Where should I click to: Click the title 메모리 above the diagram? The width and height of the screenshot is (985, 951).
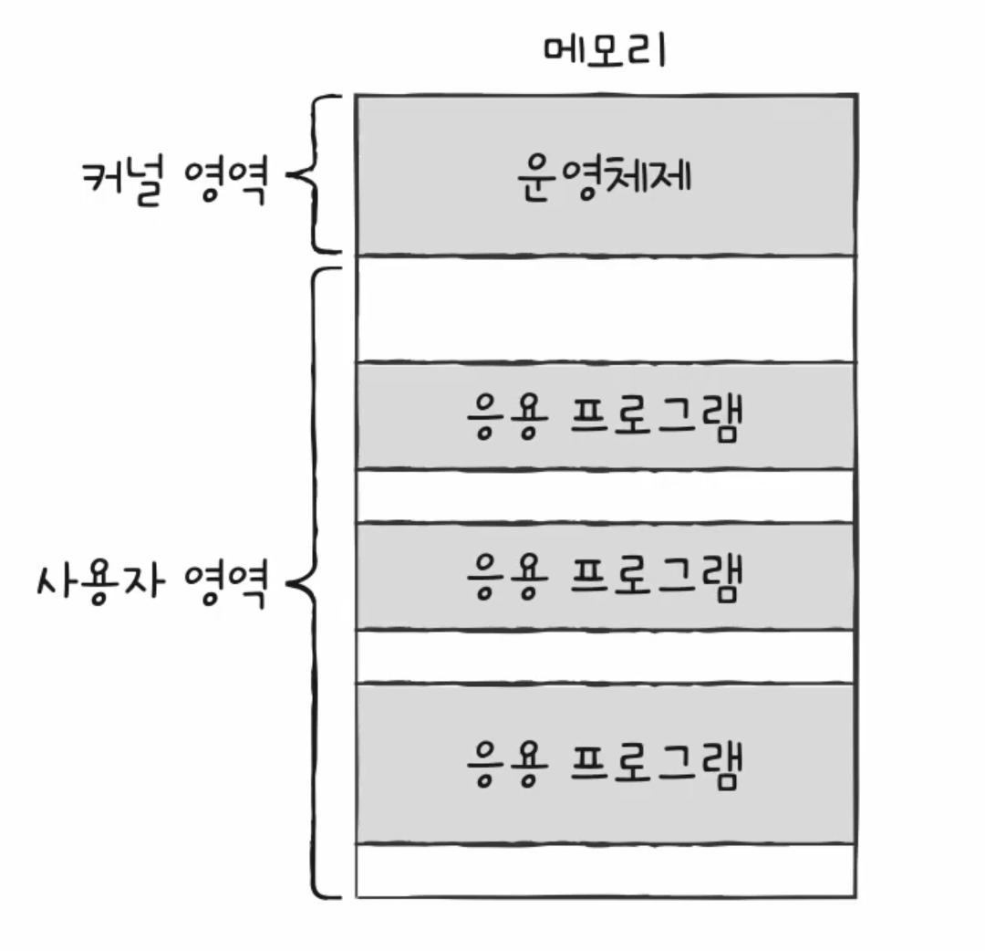(605, 51)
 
